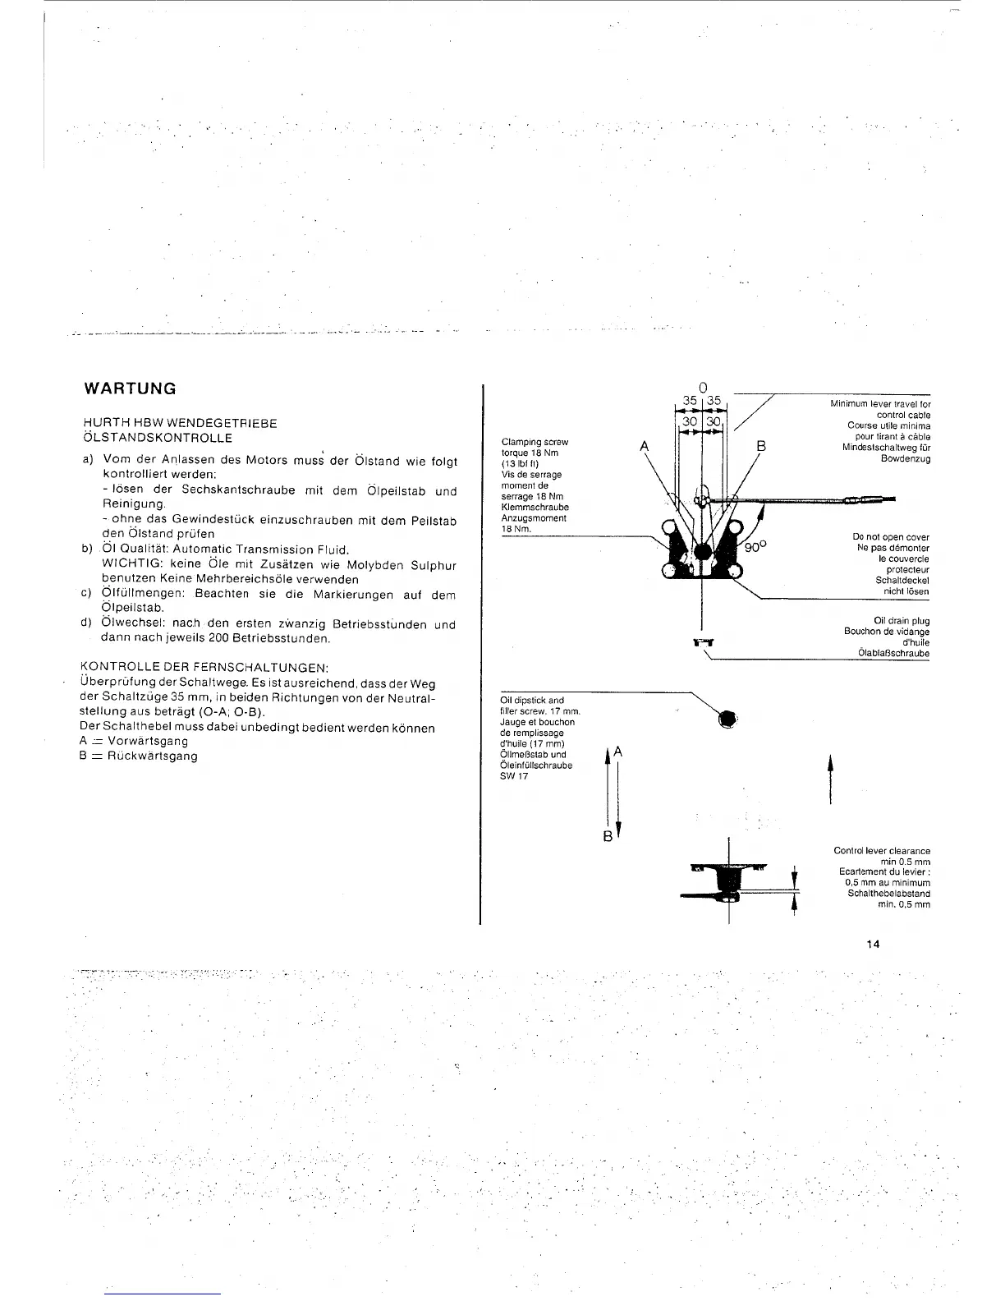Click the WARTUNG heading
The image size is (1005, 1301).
tap(131, 388)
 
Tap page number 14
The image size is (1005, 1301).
tap(872, 944)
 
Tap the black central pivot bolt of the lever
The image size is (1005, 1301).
tap(702, 552)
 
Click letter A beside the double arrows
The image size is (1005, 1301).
tap(617, 752)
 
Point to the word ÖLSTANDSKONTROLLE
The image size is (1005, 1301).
tap(158, 437)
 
